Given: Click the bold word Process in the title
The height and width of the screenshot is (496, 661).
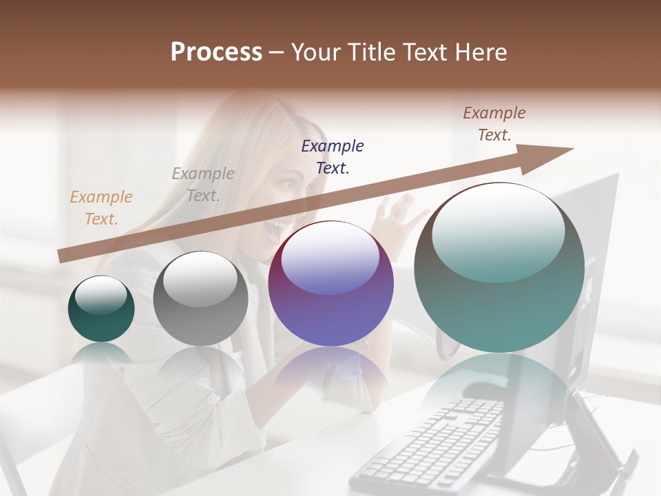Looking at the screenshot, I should [216, 52].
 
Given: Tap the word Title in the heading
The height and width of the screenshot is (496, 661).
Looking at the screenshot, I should [376, 52].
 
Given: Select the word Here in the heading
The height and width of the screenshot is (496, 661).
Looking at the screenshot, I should [481, 52].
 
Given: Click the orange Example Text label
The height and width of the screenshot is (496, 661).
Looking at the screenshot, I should [101, 208].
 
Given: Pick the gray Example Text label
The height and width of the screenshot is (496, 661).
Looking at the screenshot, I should [203, 185].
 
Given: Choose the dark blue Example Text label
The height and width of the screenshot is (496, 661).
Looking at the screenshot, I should [333, 156].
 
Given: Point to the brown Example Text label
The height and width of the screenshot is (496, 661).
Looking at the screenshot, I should [494, 124].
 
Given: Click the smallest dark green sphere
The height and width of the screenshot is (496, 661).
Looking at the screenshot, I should [101, 309].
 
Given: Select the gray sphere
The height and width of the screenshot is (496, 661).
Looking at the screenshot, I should [200, 299].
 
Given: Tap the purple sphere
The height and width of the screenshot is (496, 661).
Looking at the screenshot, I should [330, 284].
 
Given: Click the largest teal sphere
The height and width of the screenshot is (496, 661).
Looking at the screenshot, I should [499, 268].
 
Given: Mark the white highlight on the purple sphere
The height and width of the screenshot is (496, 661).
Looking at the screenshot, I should [330, 257].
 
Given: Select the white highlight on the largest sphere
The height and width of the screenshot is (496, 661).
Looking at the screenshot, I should [499, 231].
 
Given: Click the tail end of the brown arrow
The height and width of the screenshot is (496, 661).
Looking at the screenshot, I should [62, 256].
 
